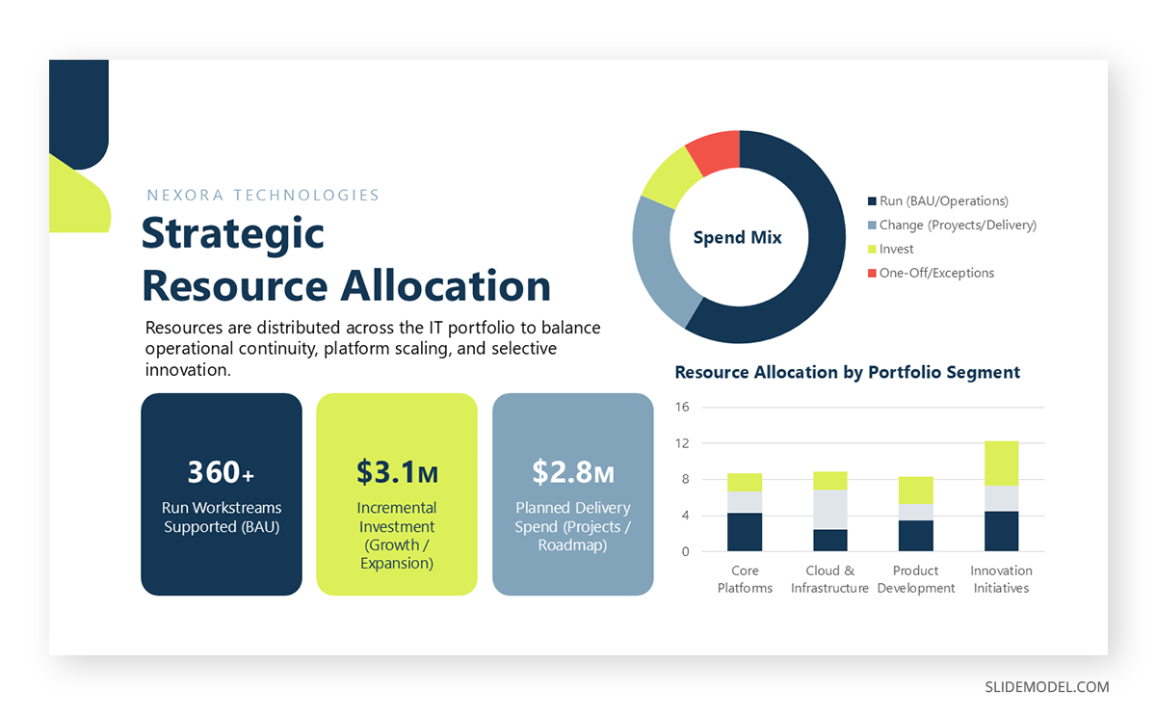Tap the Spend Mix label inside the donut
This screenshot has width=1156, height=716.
[738, 237]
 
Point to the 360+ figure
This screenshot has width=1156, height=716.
[221, 472]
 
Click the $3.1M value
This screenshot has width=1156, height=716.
[397, 472]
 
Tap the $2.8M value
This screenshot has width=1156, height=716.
[573, 472]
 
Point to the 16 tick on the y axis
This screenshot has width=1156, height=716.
[682, 407]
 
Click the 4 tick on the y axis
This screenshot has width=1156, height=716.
[685, 516]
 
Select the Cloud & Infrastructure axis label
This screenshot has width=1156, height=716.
[829, 579]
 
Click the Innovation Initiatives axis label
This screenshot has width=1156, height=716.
[1001, 579]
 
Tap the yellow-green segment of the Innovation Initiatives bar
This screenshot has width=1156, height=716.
[1001, 464]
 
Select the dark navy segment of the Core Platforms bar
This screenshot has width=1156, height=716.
[745, 532]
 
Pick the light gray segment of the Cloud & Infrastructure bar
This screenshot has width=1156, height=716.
[829, 509]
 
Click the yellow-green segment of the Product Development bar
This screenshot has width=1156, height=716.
[915, 491]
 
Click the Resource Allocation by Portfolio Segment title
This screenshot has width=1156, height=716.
[847, 372]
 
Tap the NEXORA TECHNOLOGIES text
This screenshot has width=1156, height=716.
[263, 196]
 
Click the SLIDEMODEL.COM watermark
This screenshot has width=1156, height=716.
[1046, 687]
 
